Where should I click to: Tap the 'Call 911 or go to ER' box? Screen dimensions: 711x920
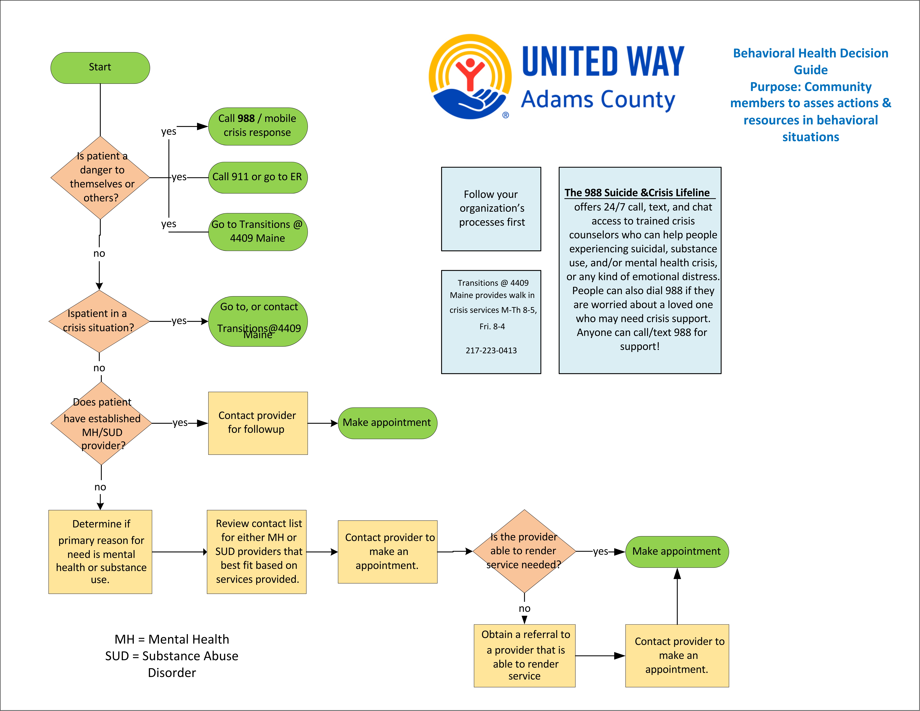click(257, 177)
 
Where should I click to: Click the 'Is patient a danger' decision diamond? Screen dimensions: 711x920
click(100, 177)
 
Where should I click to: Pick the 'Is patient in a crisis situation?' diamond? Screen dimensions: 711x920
click(99, 321)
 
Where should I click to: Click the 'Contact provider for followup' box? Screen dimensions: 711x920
click(257, 423)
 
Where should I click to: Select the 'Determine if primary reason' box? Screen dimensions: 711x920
click(100, 552)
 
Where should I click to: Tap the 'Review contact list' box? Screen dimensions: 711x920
click(257, 552)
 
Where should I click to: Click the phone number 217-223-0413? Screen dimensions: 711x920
click(491, 350)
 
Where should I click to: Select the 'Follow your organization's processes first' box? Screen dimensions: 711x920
click(491, 208)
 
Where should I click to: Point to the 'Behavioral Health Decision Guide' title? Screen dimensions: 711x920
click(810, 62)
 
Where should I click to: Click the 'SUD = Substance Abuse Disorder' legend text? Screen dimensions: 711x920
click(172, 664)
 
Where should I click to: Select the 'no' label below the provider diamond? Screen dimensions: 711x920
click(524, 609)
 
